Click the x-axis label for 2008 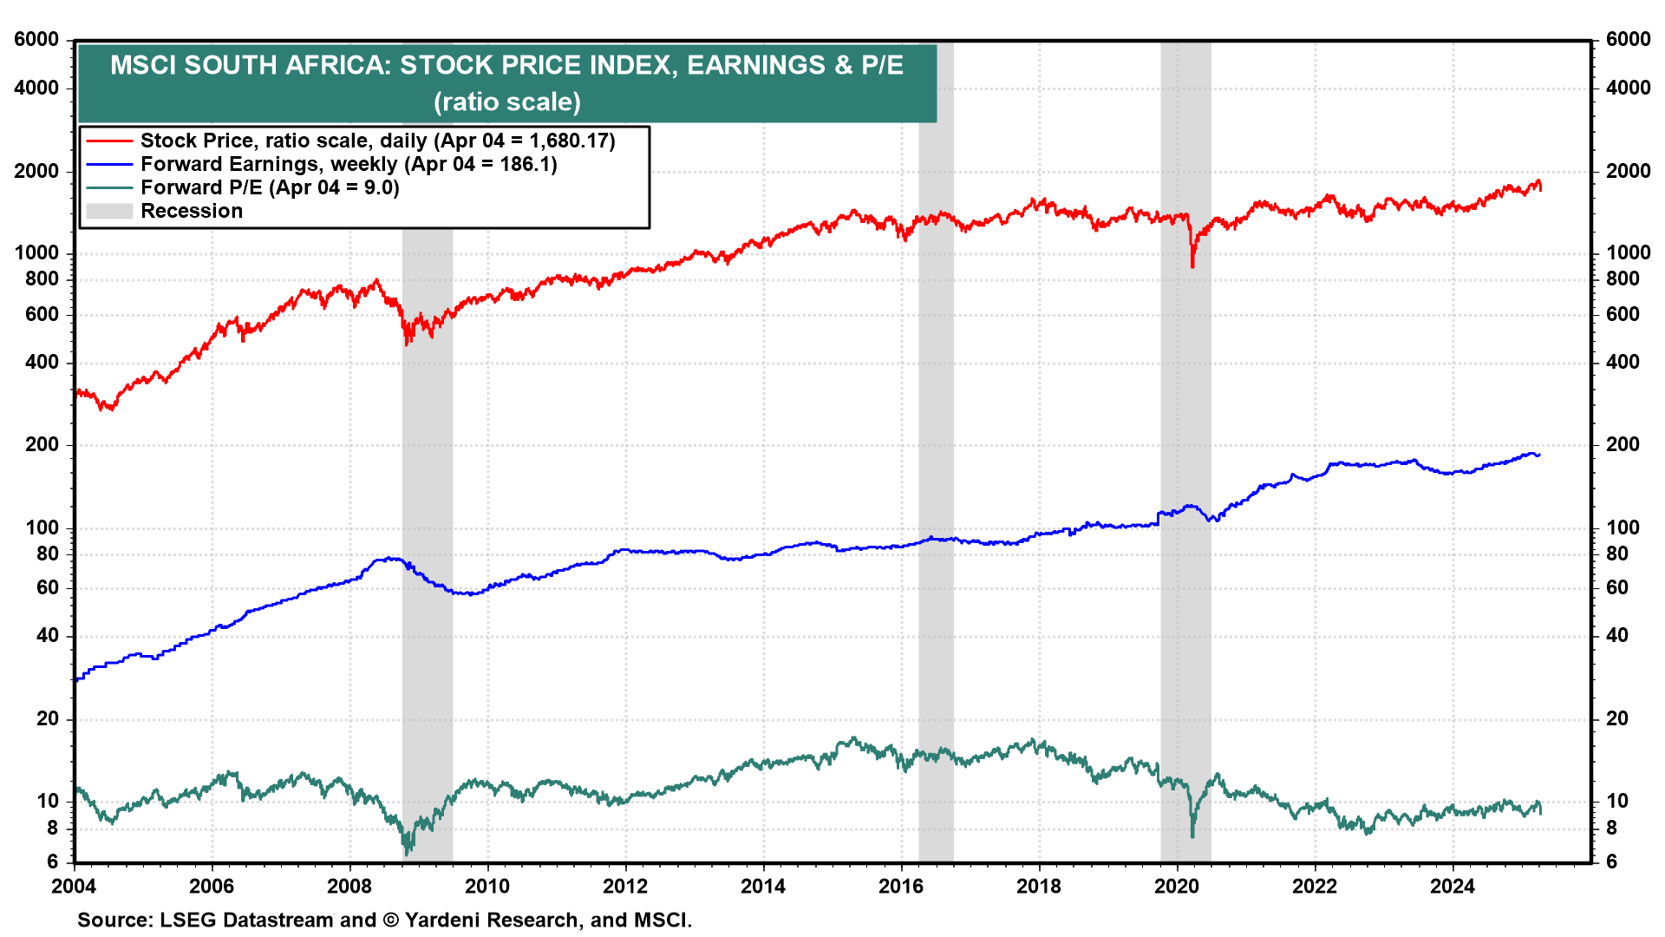point(349,886)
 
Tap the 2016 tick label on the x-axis point(901,886)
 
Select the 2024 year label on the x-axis point(1453,886)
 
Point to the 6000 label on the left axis point(36,39)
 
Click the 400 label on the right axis point(1623,362)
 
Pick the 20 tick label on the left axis point(47,718)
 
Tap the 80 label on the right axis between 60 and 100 point(1617,554)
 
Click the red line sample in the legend point(109,141)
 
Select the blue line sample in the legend point(109,164)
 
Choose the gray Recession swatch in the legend point(109,211)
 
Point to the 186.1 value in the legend point(525,164)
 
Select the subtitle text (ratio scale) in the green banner point(507,102)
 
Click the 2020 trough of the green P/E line point(1192,835)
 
